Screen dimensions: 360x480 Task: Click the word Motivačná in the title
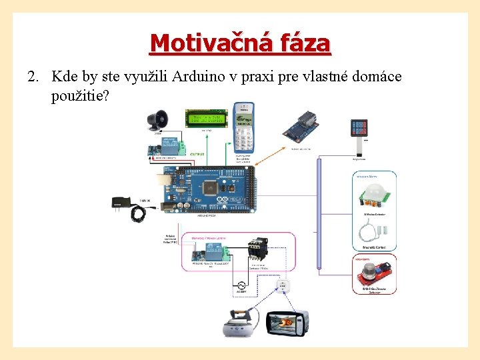pyautogui.click(x=201, y=43)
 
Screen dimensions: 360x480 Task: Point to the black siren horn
pyautogui.click(x=160, y=119)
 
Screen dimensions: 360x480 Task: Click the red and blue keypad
pyautogui.click(x=360, y=129)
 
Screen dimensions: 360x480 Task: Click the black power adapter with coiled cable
pyautogui.click(x=131, y=206)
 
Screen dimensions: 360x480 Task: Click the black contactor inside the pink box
pyautogui.click(x=257, y=247)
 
